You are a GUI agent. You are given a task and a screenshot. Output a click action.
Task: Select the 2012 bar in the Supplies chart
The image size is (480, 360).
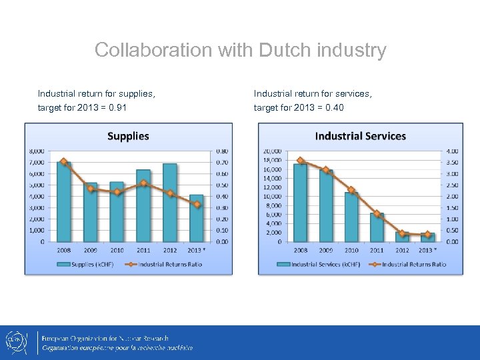point(170,203)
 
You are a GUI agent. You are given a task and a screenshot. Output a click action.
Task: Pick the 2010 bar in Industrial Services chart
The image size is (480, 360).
point(351,217)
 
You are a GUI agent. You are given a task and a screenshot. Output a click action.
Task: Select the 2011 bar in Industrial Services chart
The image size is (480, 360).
point(377,227)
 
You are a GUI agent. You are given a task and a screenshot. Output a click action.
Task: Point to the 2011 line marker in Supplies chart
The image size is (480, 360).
point(143,183)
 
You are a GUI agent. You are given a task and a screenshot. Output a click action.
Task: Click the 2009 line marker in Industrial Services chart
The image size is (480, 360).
point(326,170)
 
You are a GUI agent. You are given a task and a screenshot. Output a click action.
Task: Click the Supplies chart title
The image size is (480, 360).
point(128,136)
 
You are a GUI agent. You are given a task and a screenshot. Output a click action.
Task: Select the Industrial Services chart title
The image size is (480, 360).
point(360,136)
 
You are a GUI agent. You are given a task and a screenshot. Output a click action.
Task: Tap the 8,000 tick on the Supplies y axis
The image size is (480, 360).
point(37,151)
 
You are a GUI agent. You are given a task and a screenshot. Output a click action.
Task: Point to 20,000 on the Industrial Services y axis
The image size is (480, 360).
point(273,151)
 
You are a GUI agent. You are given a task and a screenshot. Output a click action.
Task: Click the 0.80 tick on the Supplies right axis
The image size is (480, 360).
point(221,151)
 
